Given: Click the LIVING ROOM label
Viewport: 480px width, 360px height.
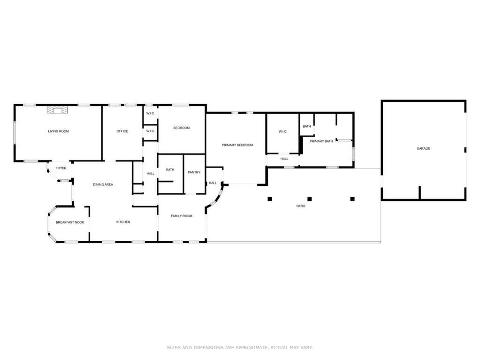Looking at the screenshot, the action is pos(59,131).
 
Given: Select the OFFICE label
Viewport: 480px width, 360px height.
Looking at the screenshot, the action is pos(122,131).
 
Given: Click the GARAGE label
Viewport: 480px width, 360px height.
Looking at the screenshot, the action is pos(423,148).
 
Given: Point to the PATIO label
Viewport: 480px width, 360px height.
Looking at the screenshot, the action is pos(301,206).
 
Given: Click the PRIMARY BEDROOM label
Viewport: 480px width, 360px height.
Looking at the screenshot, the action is pos(237,145).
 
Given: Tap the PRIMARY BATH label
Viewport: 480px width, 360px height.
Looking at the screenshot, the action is pos(321,141).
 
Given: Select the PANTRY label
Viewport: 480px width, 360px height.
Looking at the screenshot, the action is pos(194,172).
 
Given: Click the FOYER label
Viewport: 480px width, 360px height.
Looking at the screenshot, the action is pos(61,168).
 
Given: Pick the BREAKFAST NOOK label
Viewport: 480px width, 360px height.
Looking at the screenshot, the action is pos(70,222).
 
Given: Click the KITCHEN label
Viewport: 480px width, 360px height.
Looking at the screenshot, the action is pos(123,222).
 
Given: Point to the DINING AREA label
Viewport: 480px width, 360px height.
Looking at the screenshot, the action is pos(103,184).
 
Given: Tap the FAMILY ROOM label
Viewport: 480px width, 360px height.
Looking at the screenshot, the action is pos(182,216).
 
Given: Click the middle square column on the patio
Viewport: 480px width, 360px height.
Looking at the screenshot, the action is pos(310,199).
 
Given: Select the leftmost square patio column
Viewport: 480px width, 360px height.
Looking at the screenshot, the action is pos(270,199).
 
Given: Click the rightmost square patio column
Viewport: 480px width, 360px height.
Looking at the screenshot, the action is pos(352,199).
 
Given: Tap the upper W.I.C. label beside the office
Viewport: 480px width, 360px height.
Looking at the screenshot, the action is pos(150,113).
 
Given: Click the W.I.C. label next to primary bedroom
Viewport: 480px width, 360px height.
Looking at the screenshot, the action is pos(283,131).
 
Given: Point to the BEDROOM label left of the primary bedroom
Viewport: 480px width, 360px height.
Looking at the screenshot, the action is pos(182,128).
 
